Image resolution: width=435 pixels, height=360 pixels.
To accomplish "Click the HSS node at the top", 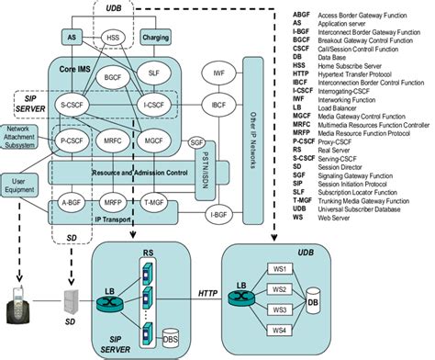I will point(113,39).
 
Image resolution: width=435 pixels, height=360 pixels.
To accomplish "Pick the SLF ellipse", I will point(154,73).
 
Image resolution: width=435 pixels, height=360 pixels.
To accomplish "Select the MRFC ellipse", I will point(116,141).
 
